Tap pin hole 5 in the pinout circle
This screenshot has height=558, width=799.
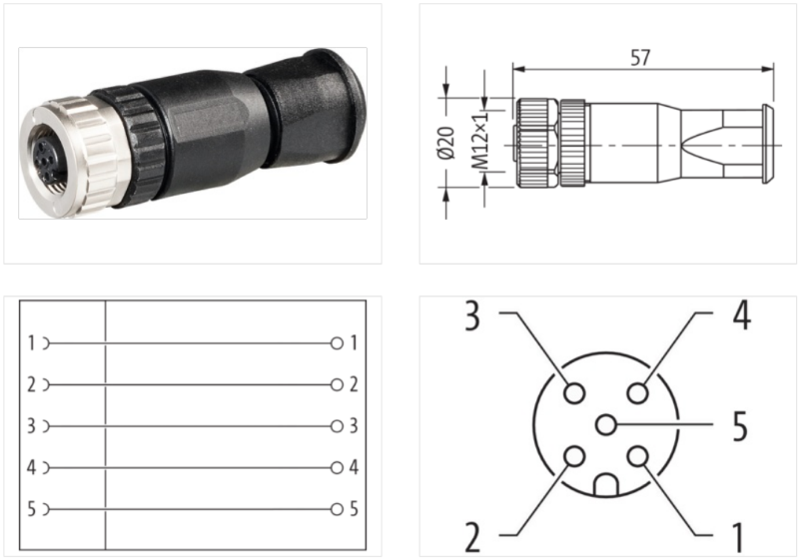point(605,425)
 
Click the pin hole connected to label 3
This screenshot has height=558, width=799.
point(573,393)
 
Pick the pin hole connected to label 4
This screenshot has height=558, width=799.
point(638,393)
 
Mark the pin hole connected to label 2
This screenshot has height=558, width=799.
point(573,457)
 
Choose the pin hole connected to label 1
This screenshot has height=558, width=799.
point(638,457)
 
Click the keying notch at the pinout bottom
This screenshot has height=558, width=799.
point(605,488)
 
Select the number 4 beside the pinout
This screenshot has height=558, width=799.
point(740,315)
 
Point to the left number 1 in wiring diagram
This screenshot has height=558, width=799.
point(32,343)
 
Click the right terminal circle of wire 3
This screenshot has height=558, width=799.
point(337,426)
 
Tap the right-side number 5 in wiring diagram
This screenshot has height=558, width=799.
point(354,509)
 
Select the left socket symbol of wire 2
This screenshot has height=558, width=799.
point(46,384)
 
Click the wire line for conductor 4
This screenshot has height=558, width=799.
point(190,467)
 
